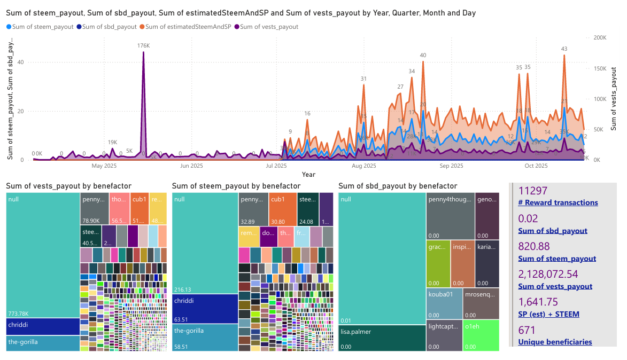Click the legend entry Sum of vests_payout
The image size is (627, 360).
(269, 26)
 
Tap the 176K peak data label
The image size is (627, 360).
(143, 46)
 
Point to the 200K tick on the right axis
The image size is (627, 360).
(600, 38)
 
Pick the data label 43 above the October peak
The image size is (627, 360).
(564, 49)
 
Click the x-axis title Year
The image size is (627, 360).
(308, 175)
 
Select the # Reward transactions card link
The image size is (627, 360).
(558, 202)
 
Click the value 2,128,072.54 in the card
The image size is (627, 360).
(548, 274)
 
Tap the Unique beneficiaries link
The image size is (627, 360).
(555, 342)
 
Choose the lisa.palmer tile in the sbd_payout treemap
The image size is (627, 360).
(382, 338)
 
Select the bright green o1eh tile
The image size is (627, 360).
(481, 335)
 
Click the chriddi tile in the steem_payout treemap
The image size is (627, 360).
(205, 308)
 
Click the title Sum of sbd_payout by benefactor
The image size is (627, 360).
(398, 186)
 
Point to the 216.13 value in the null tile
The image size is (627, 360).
(183, 289)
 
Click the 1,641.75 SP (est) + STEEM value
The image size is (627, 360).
(541, 302)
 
